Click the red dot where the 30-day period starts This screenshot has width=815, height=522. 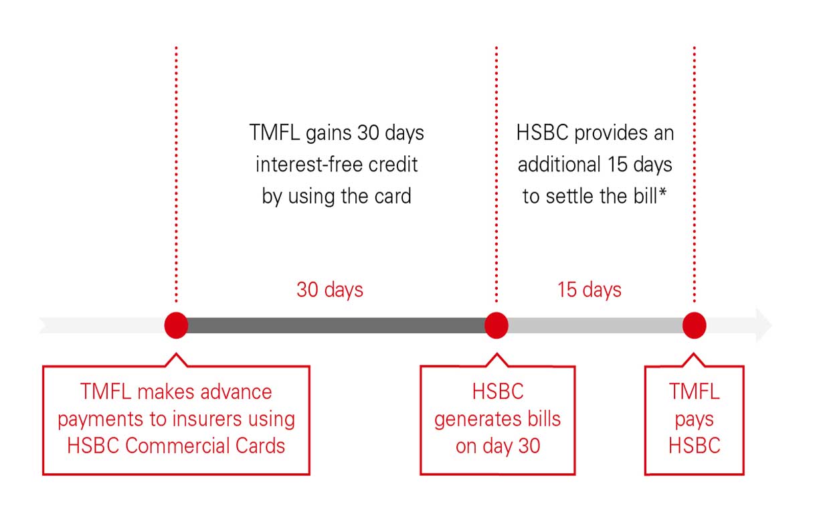pyautogui.click(x=176, y=325)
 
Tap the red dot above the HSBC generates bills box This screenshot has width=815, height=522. pyautogui.click(x=496, y=325)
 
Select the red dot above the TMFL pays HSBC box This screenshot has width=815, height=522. pyautogui.click(x=695, y=325)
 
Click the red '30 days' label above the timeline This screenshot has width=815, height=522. pyautogui.click(x=330, y=290)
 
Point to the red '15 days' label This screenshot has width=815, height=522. pyautogui.click(x=590, y=290)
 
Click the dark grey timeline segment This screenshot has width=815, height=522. pyautogui.click(x=335, y=326)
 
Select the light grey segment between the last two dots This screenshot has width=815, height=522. pyautogui.click(x=596, y=326)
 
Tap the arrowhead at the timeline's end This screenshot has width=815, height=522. pyautogui.click(x=763, y=326)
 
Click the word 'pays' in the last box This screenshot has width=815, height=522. pyautogui.click(x=695, y=420)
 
